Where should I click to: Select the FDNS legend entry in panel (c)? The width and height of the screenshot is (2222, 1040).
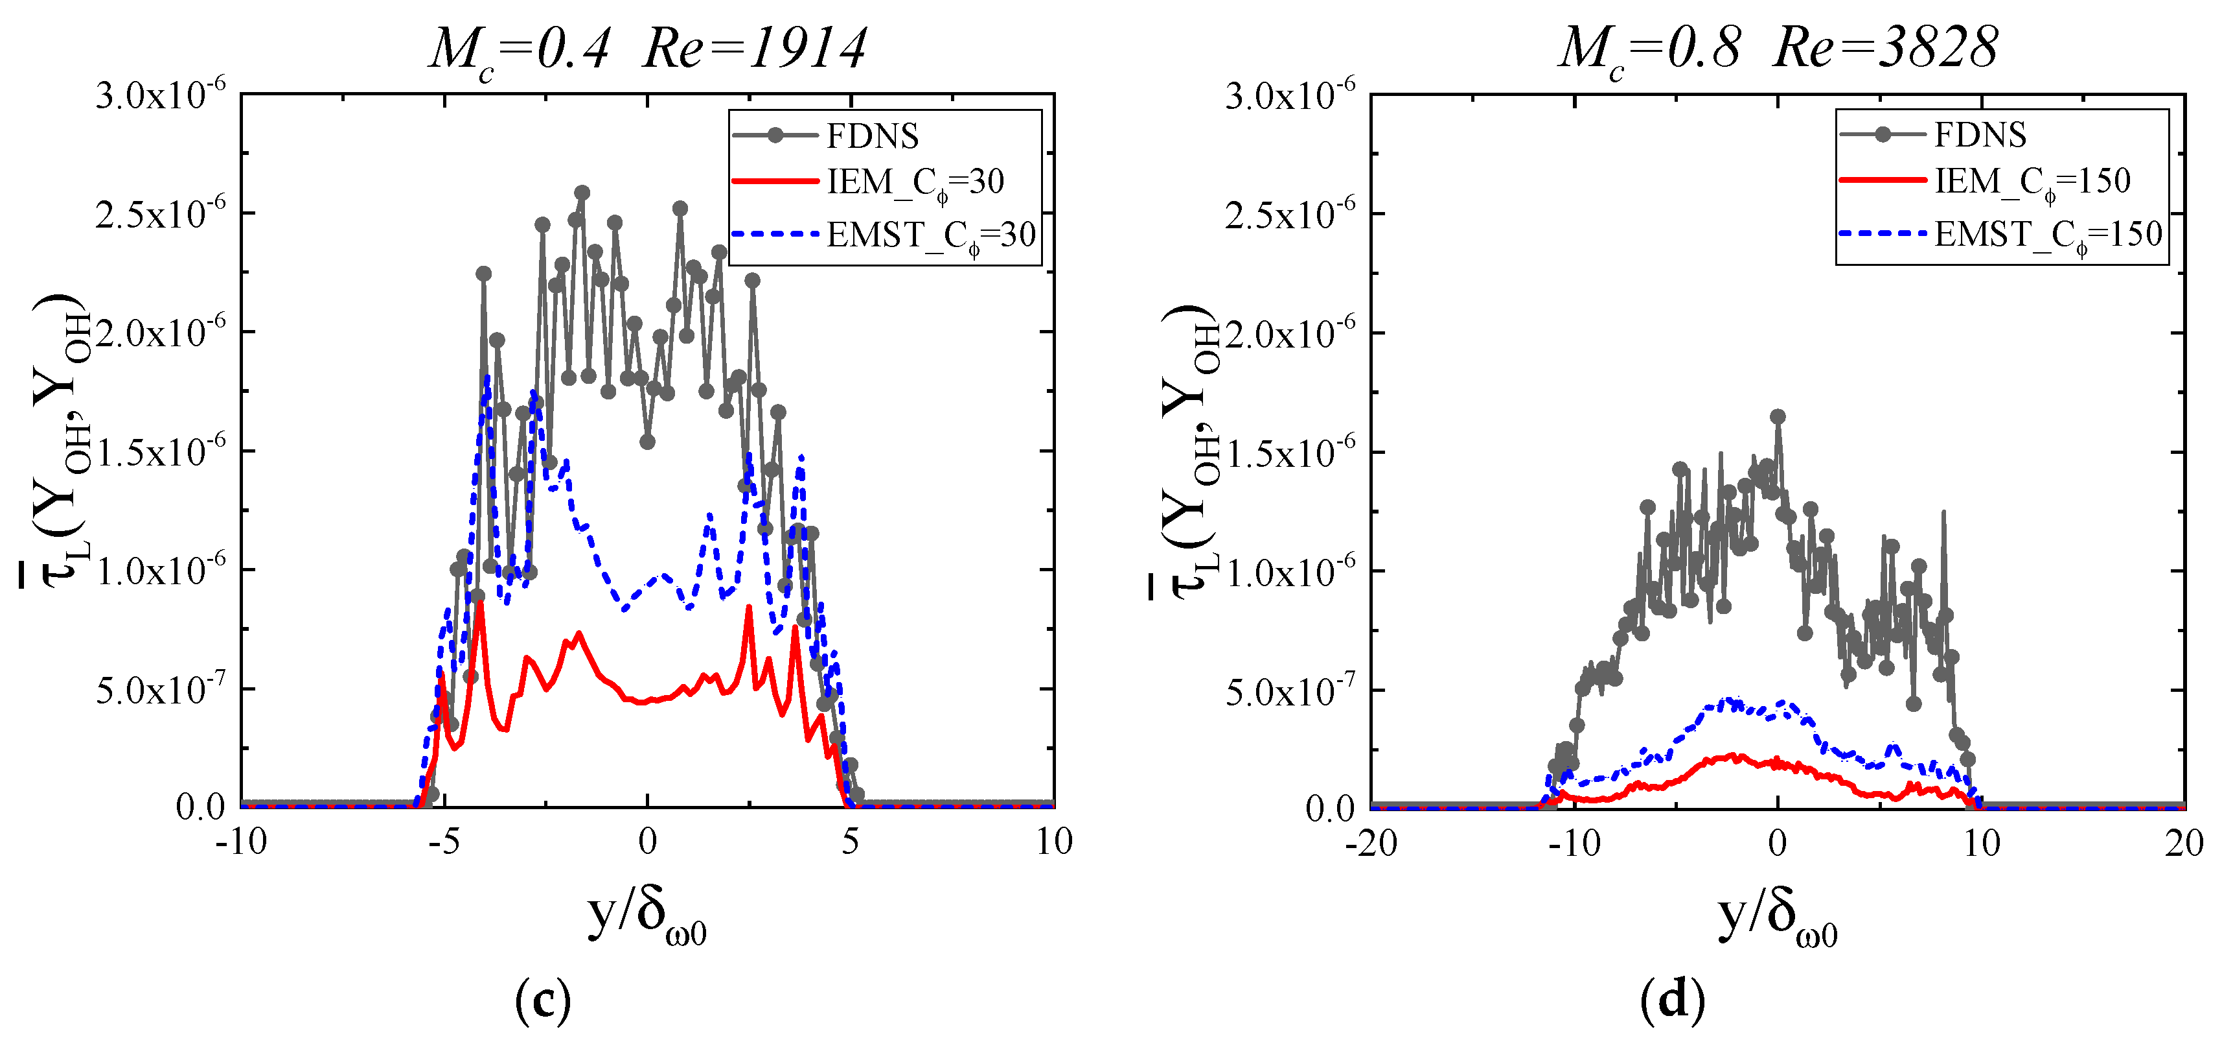[871, 136]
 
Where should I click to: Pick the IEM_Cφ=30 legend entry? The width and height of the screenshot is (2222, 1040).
[914, 182]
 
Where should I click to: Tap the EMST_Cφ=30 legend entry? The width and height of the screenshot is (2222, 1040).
[930, 235]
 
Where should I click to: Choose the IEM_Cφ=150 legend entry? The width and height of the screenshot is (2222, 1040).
[2032, 182]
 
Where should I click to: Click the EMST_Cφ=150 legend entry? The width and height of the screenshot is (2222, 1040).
[2047, 234]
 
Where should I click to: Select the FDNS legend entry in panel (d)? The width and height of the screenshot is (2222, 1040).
[1980, 135]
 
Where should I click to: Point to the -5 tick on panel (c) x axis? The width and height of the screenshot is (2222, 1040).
[444, 841]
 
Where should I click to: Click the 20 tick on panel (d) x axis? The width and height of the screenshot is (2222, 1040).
[2183, 842]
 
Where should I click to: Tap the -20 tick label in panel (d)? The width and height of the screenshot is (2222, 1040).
[1371, 842]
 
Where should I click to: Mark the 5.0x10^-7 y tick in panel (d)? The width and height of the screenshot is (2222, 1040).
[1290, 688]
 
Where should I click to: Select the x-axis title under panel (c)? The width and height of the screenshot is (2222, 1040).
[647, 919]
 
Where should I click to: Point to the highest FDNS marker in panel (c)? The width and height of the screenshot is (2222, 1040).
[582, 193]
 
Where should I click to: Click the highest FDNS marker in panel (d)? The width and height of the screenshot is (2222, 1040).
[1778, 417]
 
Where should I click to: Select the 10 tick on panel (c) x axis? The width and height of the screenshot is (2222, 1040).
[1053, 841]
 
